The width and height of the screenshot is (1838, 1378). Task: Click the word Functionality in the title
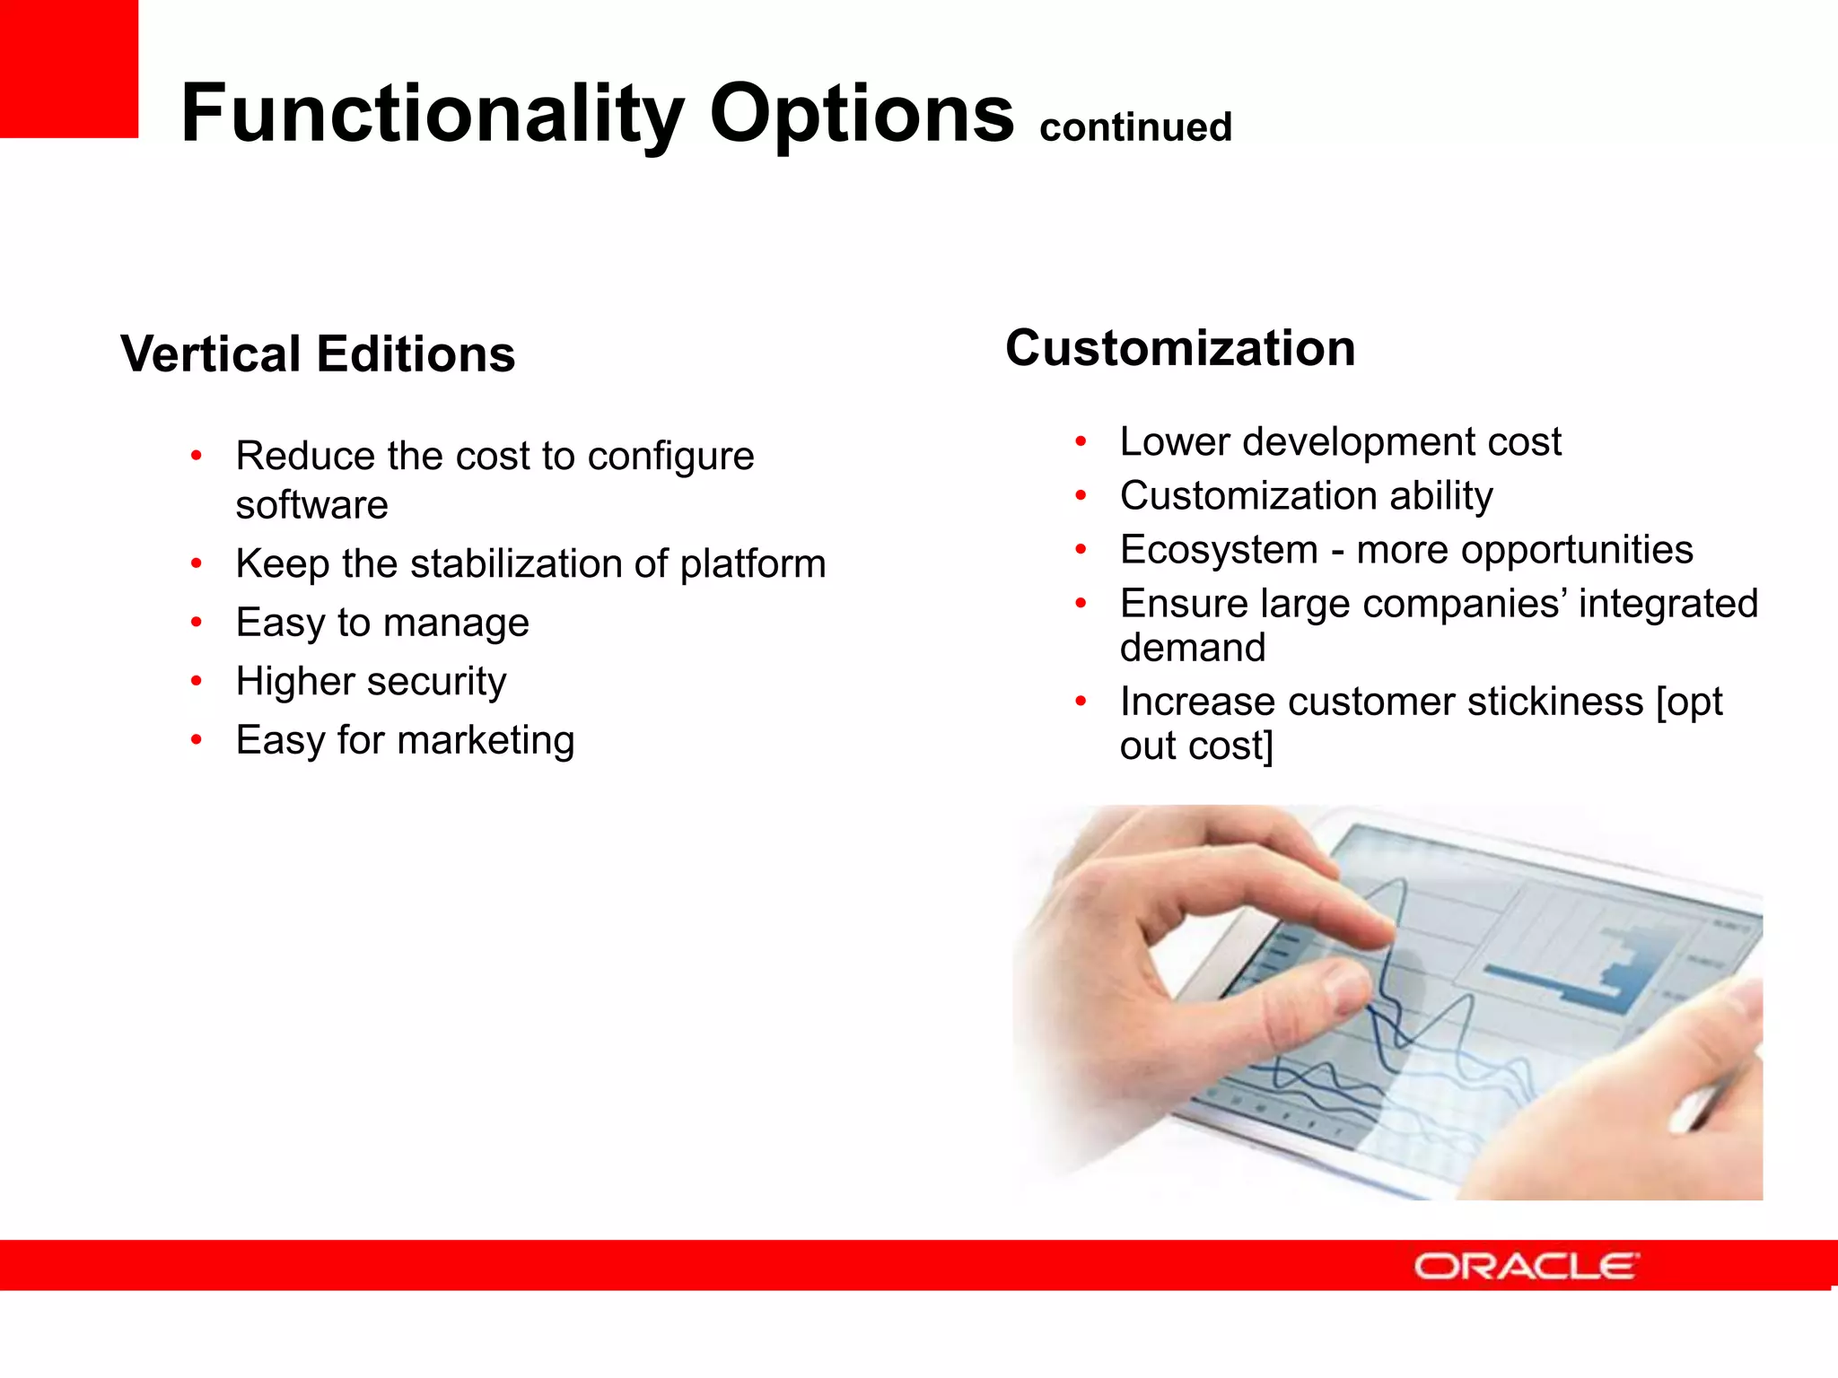coord(432,114)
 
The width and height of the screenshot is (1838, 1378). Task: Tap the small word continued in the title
coord(1135,126)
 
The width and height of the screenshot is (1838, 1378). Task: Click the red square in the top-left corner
coord(68,68)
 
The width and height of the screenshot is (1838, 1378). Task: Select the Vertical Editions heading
coord(318,353)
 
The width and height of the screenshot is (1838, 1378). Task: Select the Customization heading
coord(1179,348)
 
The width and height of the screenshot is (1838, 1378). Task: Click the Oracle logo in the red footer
coord(1525,1266)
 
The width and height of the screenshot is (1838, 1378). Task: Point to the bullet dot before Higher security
coord(196,682)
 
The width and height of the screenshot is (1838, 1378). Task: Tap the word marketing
coord(486,741)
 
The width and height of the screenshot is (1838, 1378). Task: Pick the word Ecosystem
coord(1218,550)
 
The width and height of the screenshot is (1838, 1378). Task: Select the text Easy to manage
coord(382,623)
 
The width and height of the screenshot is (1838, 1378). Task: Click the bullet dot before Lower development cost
coord(1081,441)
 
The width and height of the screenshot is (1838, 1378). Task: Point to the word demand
coord(1192,648)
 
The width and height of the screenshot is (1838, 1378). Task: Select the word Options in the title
coord(862,114)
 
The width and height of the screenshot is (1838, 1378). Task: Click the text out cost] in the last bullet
coord(1195,746)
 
